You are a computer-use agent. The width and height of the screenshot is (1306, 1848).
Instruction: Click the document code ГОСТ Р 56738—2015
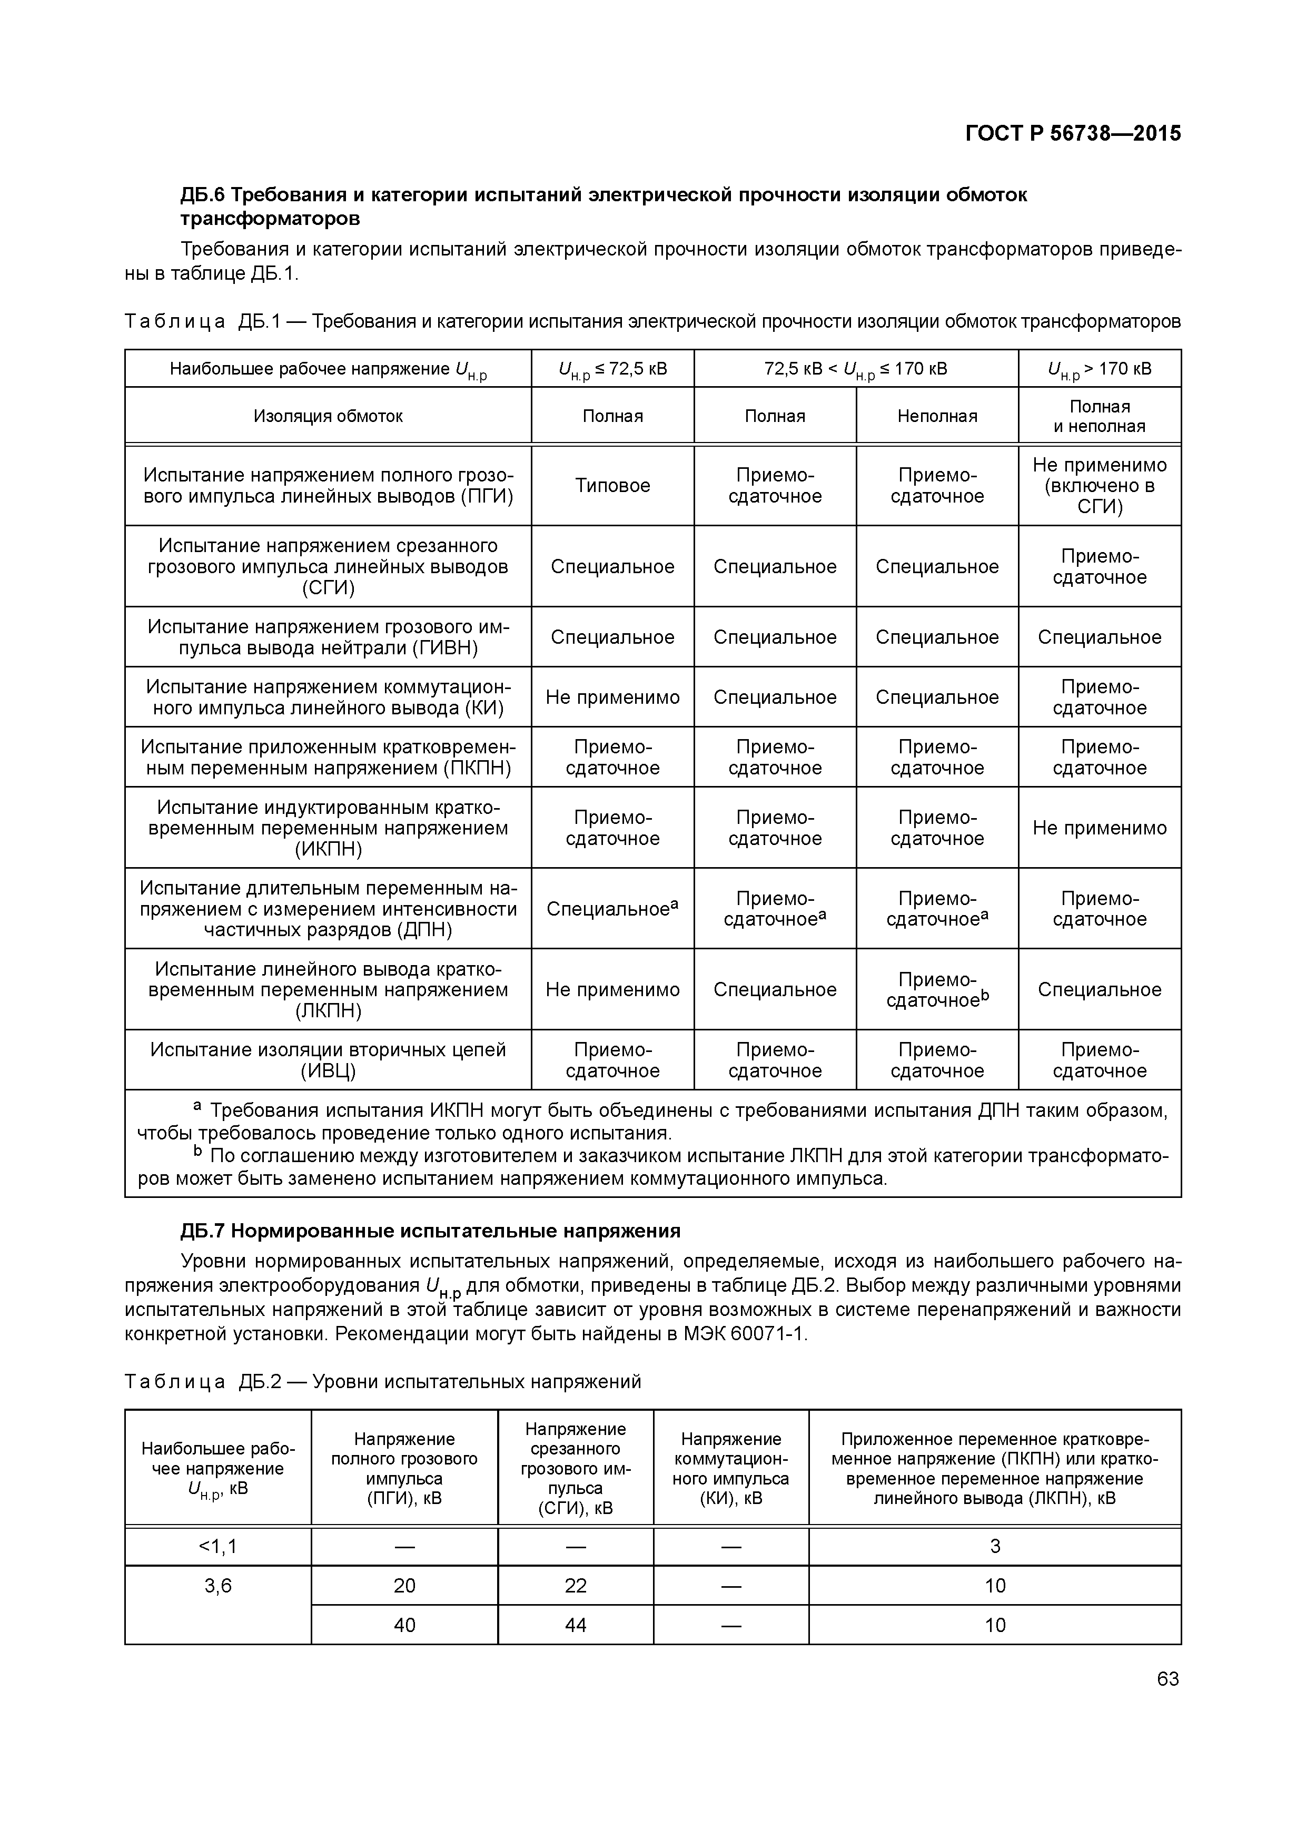click(1073, 133)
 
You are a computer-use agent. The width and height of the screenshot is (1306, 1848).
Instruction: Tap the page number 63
click(1168, 1678)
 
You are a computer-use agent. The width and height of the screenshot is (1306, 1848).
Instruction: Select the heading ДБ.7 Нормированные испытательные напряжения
click(430, 1231)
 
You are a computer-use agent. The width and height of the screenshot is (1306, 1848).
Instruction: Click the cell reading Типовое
click(612, 485)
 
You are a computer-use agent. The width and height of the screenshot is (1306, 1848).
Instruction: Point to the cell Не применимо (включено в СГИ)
click(1099, 485)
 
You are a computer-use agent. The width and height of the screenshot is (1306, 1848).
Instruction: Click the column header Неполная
click(937, 416)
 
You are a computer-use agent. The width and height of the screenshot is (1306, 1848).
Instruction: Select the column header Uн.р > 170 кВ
click(1099, 369)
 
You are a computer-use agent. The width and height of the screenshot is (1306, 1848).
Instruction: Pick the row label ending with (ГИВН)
click(328, 637)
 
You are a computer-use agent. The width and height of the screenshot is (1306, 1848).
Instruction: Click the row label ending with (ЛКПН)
click(328, 989)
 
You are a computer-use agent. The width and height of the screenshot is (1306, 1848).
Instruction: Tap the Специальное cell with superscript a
click(612, 909)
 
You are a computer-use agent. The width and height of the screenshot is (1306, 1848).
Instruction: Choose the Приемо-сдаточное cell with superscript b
click(937, 990)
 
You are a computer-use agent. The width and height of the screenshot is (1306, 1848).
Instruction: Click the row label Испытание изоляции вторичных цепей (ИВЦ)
click(328, 1060)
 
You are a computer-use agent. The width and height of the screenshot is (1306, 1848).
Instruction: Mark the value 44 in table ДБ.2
click(576, 1625)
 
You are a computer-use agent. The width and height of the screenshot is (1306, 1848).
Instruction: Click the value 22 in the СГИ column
click(576, 1586)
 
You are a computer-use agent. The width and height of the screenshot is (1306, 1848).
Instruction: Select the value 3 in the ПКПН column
click(995, 1546)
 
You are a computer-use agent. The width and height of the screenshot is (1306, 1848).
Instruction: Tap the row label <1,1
click(218, 1546)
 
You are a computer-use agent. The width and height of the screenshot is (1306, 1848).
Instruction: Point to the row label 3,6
click(218, 1586)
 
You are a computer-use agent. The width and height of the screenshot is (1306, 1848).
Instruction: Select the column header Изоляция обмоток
click(328, 416)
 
